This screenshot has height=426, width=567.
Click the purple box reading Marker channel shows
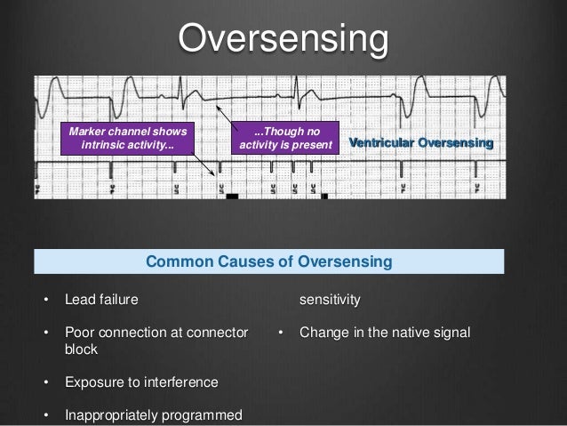tap(127, 139)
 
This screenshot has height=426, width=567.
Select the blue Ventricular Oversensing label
tap(420, 143)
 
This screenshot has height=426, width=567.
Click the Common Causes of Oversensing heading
tap(268, 261)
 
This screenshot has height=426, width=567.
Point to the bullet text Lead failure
tap(101, 300)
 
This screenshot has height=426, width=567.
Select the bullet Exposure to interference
tap(140, 382)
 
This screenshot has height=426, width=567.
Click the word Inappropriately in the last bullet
tap(112, 415)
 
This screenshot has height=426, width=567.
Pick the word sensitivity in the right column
tap(330, 300)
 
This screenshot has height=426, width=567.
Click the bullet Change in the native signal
tap(385, 334)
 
